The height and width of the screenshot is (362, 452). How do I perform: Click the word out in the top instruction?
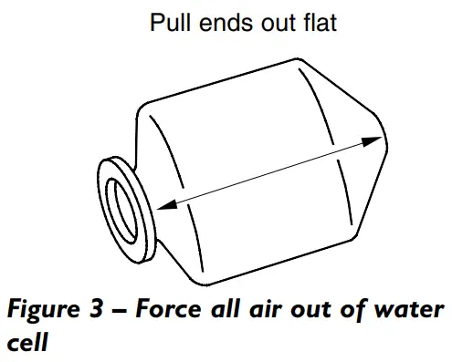click(x=269, y=23)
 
